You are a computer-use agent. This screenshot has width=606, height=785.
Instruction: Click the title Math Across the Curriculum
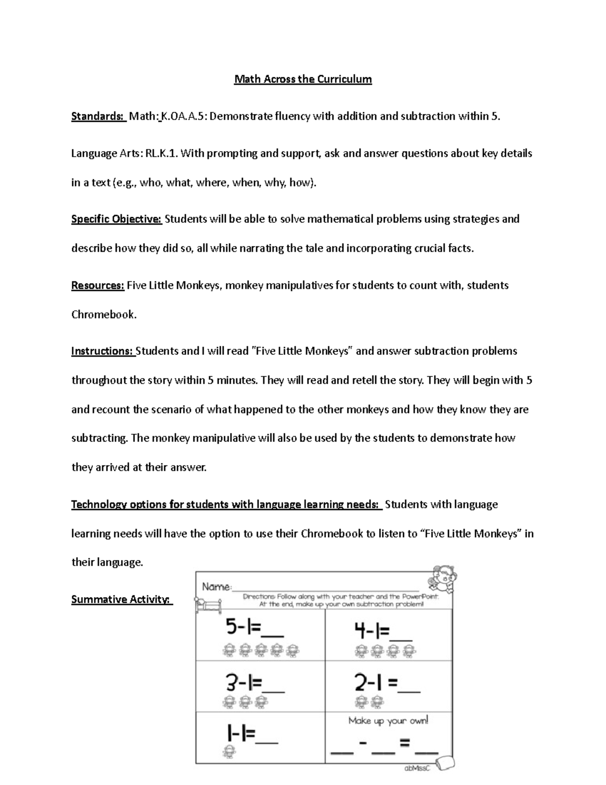coord(303,79)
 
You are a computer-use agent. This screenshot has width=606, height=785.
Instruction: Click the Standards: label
coord(98,116)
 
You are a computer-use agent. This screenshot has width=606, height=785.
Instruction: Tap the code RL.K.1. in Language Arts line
coord(162,153)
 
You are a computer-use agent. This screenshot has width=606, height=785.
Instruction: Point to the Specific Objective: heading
coord(116,219)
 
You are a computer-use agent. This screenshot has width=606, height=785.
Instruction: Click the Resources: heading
coord(97,285)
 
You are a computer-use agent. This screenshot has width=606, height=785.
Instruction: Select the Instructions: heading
coord(103,351)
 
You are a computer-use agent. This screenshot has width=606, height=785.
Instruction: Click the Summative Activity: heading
coord(121,599)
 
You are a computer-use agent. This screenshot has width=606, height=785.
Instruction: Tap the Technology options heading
coord(226,504)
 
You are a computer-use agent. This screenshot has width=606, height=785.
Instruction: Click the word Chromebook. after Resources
coord(104,314)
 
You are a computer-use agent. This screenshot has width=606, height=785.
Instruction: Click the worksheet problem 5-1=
coord(254,629)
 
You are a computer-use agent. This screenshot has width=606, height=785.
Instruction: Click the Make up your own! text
coord(388,720)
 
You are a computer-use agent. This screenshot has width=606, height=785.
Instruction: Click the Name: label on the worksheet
coord(217,586)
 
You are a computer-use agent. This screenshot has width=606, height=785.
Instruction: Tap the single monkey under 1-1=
coord(229,753)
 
